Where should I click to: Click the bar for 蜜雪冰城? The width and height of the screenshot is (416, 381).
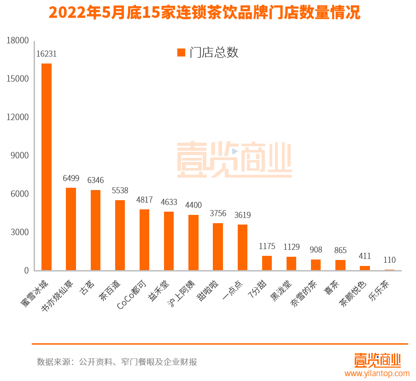pyautogui.click(x=47, y=167)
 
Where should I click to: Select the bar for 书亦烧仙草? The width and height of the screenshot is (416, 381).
pyautogui.click(x=71, y=229)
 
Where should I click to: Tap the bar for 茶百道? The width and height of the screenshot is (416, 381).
pyautogui.click(x=120, y=235)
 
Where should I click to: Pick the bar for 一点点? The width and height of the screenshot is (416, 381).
pyautogui.click(x=242, y=247)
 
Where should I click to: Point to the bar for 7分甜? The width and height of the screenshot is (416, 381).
pyautogui.click(x=267, y=263)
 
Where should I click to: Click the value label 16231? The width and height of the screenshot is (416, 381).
pyautogui.click(x=47, y=54)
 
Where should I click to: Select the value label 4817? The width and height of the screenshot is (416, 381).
pyautogui.click(x=144, y=200)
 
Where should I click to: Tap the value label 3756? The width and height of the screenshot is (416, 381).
pyautogui.click(x=218, y=214)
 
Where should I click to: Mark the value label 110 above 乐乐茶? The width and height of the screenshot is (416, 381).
pyautogui.click(x=389, y=260)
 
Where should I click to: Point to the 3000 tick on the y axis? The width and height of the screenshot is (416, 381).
pyautogui.click(x=20, y=232)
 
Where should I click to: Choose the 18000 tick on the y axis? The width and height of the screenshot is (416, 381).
pyautogui.click(x=18, y=40)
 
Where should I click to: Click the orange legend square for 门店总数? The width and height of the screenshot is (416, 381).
pyautogui.click(x=181, y=52)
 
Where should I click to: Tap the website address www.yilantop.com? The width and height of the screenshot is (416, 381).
pyautogui.click(x=377, y=373)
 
